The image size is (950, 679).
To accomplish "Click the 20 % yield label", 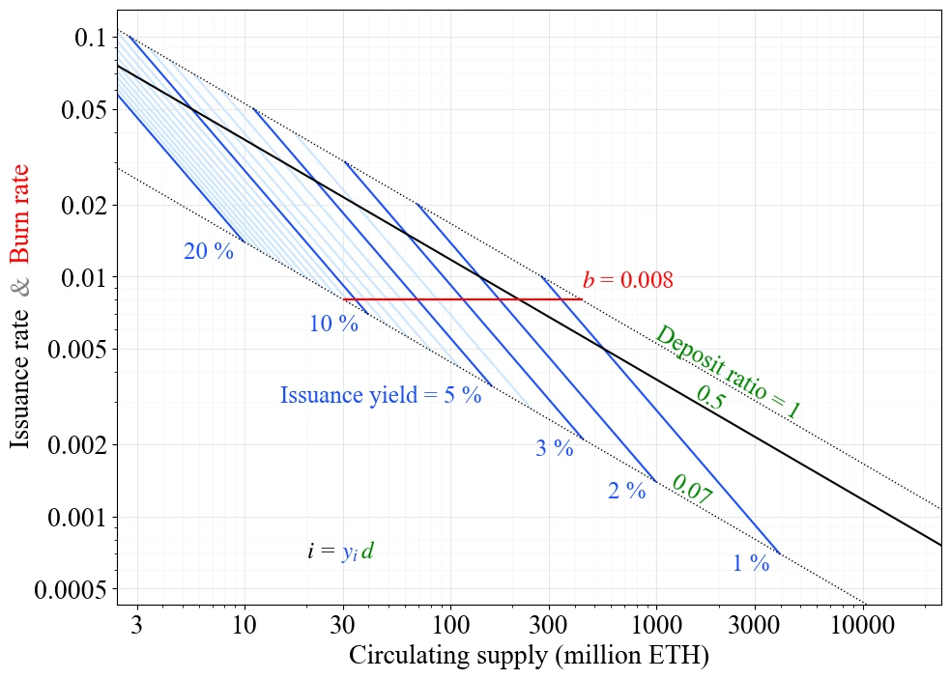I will [209, 251].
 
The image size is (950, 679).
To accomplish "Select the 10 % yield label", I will [333, 324].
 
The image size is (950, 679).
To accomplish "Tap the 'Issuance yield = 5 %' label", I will [381, 395].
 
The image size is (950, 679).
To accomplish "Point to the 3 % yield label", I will [555, 448].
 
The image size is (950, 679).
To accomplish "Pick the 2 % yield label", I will [627, 491].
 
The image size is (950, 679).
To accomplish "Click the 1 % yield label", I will [751, 563].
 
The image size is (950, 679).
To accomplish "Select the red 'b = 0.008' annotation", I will [627, 280].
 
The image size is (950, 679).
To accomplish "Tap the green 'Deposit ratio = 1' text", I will [728, 373].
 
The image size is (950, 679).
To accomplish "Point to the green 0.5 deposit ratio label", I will [710, 399].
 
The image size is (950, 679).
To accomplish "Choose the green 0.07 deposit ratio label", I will [691, 490].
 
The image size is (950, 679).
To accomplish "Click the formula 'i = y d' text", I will [340, 552].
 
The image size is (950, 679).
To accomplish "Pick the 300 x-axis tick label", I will [548, 625].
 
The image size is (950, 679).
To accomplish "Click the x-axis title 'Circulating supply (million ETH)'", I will [529, 656].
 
